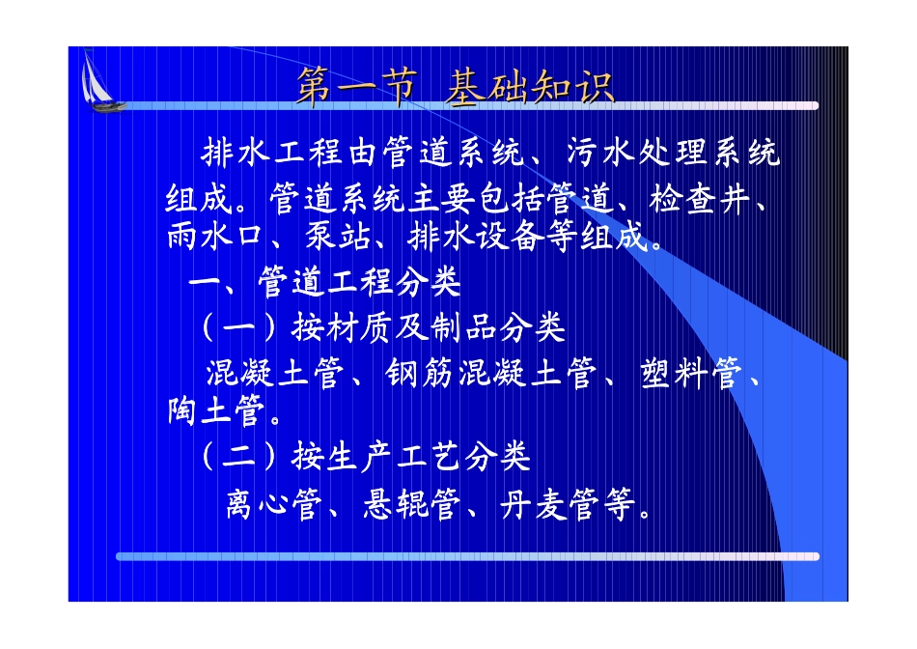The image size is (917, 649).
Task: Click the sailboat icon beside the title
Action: (100, 81)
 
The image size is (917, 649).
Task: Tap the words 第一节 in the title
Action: (357, 88)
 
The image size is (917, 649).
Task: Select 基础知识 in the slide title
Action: (530, 88)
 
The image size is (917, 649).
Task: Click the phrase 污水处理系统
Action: (674, 154)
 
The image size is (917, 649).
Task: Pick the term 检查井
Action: (699, 199)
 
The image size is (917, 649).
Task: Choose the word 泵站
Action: (338, 237)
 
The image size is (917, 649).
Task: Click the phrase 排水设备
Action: (475, 237)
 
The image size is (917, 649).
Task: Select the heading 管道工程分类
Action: (360, 282)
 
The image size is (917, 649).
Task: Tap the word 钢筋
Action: (419, 373)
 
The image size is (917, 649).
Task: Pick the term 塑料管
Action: (691, 373)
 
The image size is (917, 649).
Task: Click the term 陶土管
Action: (216, 410)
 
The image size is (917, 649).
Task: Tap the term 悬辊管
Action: (412, 504)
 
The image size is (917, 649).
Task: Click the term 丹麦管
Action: (550, 504)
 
